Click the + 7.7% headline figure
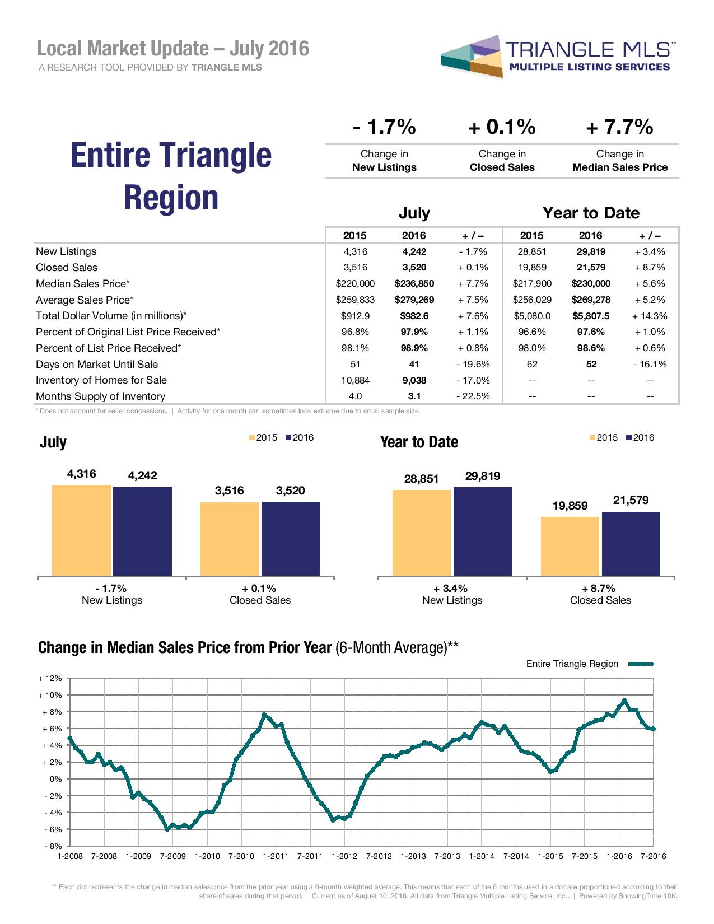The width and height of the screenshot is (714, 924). tap(619, 128)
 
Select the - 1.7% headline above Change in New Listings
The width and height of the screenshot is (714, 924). tap(384, 128)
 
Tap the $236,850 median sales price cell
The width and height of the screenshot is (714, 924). tap(414, 284)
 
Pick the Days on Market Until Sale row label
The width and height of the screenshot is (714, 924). tap(97, 365)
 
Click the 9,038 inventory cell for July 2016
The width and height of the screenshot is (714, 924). tap(414, 381)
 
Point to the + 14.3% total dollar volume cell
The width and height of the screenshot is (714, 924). tap(650, 316)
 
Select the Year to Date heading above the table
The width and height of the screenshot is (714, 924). tap(591, 213)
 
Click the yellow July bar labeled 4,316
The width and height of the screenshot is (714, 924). tap(81, 530)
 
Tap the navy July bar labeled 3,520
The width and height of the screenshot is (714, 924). tap(290, 538)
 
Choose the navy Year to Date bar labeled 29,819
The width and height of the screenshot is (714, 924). tap(482, 531)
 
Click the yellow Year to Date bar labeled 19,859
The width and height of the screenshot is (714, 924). tap(570, 546)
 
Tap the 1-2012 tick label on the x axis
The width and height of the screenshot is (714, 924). tap(344, 856)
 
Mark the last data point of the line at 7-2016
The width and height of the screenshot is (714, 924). tap(653, 729)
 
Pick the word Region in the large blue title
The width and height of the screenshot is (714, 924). tap(171, 198)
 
